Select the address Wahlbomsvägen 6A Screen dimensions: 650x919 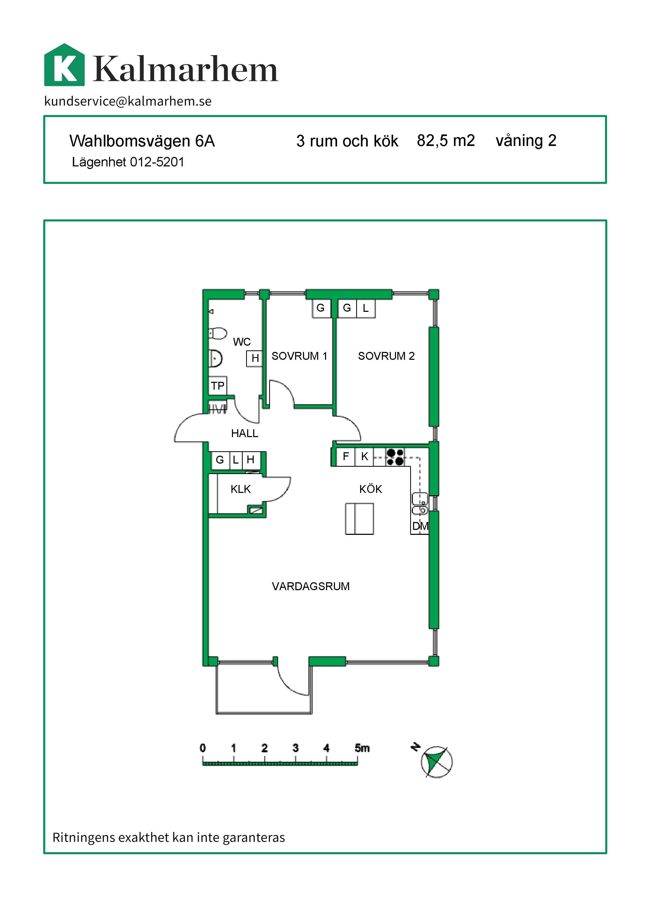coord(142,141)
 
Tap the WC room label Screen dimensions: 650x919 coord(242,342)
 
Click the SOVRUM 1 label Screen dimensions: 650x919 coord(299,356)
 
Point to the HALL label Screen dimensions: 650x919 coord(245,433)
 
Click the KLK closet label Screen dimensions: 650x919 coord(241,489)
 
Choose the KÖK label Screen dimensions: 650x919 coord(371,489)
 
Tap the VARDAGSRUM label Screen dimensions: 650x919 coord(311,586)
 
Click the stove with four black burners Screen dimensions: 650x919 coord(395,457)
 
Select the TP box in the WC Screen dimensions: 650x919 coord(218,385)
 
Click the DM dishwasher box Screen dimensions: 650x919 coord(420,526)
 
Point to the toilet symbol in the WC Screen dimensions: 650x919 coord(217,333)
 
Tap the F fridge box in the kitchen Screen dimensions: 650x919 coord(346,457)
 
